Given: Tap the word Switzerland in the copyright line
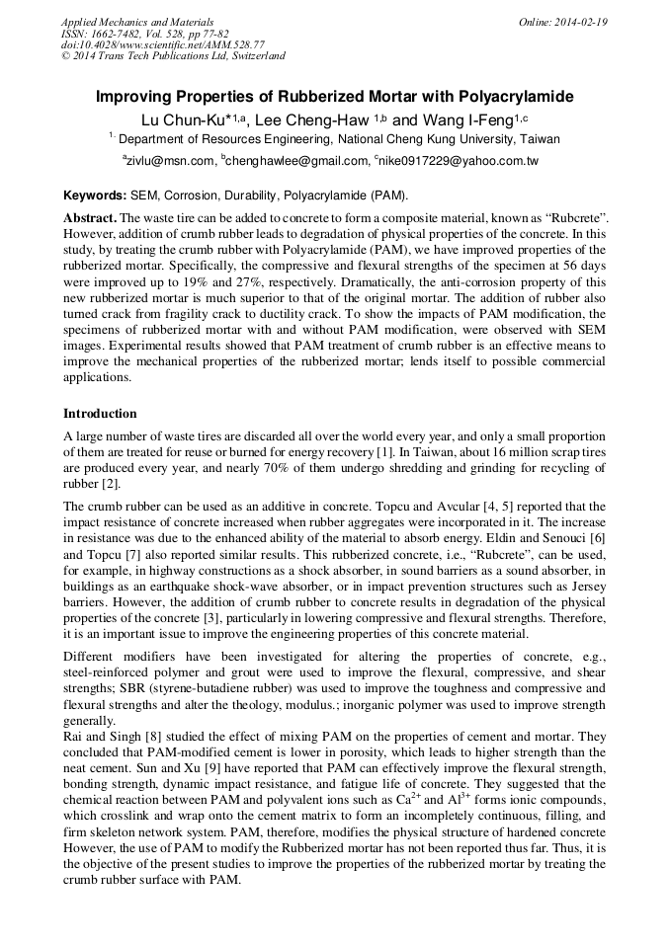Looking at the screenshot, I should coord(253,56).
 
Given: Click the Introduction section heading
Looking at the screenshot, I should coord(100,413).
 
